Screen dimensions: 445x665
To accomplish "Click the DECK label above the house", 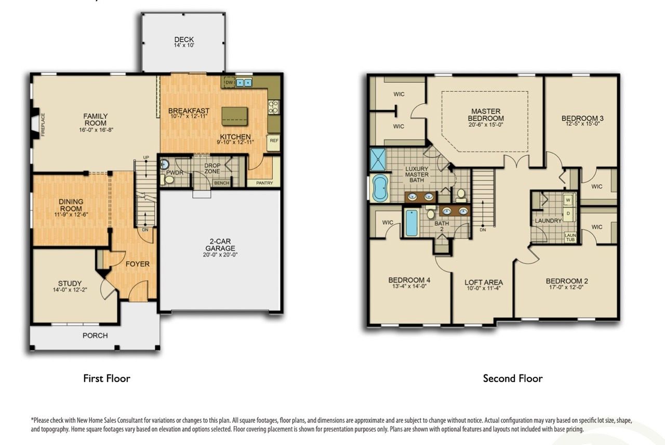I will [183, 39].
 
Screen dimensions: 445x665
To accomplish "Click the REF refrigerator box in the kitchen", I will [273, 140].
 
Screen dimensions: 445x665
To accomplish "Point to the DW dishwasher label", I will [228, 82].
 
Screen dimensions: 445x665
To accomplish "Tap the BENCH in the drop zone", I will [221, 183].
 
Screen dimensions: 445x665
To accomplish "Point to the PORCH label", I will [95, 335].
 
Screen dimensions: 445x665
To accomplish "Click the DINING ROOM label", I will [71, 205].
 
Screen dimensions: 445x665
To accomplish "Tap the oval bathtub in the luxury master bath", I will [380, 188].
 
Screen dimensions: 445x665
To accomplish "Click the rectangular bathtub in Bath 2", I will [411, 223].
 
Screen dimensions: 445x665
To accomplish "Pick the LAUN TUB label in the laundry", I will [570, 237].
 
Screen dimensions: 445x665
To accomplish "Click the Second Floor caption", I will [512, 379].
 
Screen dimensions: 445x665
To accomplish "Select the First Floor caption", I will [107, 379].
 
